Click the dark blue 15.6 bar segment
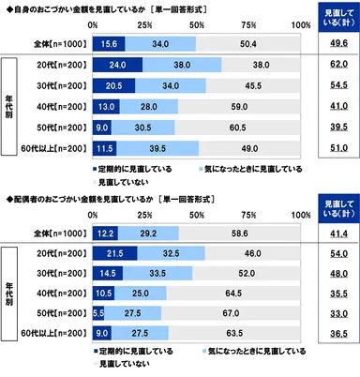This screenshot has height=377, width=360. pos(109,43)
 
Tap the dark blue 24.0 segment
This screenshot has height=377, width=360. pos(117,67)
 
